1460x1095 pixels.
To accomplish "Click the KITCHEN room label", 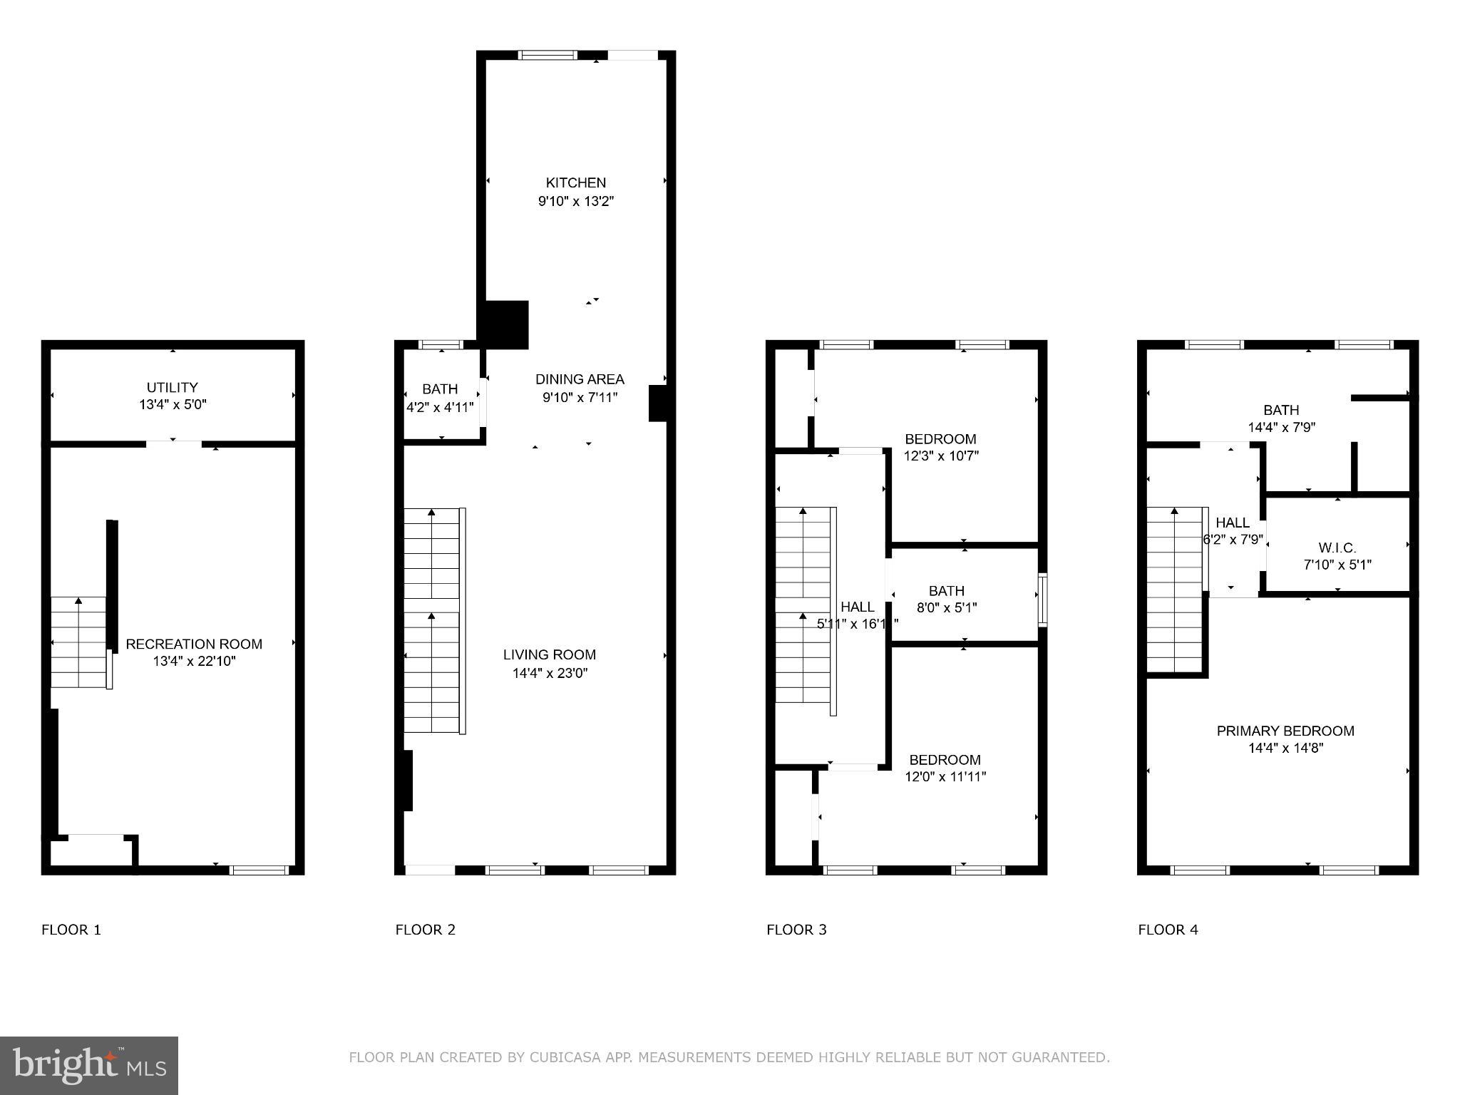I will click(575, 183).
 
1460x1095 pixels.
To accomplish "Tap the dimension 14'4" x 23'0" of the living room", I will click(550, 673).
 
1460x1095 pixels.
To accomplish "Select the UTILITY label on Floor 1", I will click(172, 388).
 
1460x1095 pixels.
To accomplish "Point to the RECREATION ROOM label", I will click(194, 644).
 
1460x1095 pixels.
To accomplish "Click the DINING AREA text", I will click(580, 380).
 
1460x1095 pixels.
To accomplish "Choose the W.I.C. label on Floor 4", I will click(1337, 548).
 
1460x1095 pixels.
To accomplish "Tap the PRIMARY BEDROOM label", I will click(1285, 731).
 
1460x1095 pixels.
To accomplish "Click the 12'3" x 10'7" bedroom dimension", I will click(941, 456).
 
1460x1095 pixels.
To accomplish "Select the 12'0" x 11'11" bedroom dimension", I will click(945, 777).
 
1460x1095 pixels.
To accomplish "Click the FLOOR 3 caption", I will click(796, 930).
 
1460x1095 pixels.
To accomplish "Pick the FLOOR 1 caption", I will click(71, 930).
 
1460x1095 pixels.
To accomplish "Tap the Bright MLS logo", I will click(88, 1065).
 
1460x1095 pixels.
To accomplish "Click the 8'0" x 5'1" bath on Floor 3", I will click(947, 608).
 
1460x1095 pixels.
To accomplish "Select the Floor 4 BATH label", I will click(1281, 411).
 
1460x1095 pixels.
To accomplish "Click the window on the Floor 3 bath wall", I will click(1042, 600).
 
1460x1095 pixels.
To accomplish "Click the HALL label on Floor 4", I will click(1232, 523).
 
